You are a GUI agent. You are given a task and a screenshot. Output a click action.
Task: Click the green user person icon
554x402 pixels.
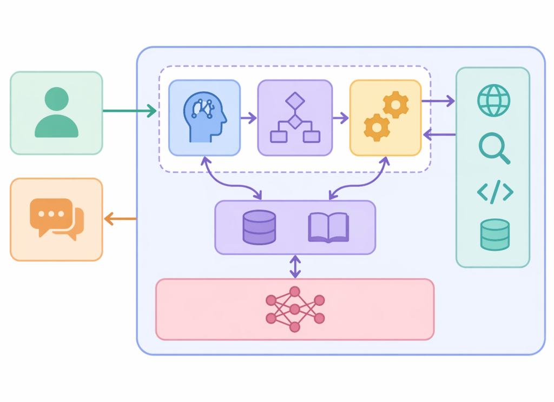[x=56, y=112]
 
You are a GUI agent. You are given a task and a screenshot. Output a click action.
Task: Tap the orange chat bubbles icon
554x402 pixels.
[x=57, y=219]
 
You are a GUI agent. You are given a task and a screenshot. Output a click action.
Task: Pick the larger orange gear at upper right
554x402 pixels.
[x=395, y=105]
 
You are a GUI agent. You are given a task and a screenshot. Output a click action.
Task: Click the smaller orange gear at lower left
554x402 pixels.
[x=377, y=128]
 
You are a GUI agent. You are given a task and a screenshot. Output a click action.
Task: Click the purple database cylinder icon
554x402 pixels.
[x=259, y=227]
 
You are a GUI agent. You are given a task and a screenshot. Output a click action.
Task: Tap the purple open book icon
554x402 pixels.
[x=328, y=227]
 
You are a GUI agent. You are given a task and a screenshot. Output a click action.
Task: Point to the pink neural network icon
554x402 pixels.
[x=295, y=309]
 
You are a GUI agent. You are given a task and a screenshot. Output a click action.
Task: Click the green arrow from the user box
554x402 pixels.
[x=129, y=111]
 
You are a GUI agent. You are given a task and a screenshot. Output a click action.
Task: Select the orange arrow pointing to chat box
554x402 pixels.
[x=120, y=219]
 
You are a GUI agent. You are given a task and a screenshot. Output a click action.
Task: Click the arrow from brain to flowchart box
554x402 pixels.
[x=249, y=118]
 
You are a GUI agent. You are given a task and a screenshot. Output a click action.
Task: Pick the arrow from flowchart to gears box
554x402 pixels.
[x=341, y=118]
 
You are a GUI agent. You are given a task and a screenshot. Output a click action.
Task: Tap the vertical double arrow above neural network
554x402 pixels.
[x=295, y=266]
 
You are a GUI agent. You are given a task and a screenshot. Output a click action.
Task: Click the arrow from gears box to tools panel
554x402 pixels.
[x=438, y=100]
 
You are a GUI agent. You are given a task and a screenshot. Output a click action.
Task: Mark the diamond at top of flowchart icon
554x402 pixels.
[x=295, y=100]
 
